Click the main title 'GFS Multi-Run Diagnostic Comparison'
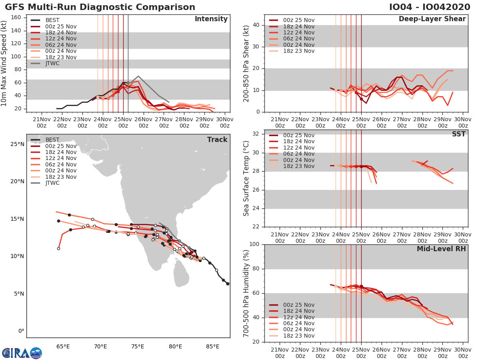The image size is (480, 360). click(x=100, y=7)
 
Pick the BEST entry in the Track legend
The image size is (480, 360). click(x=52, y=140)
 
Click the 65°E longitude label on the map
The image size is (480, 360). click(x=63, y=346)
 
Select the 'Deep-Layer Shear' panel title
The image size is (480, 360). click(x=432, y=19)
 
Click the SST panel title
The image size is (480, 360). click(x=458, y=134)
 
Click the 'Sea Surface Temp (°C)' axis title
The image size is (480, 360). click(x=246, y=178)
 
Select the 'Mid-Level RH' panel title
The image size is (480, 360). click(x=441, y=249)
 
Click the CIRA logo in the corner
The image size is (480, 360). click(x=22, y=353)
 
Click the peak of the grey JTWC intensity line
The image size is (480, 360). click(x=138, y=76)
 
